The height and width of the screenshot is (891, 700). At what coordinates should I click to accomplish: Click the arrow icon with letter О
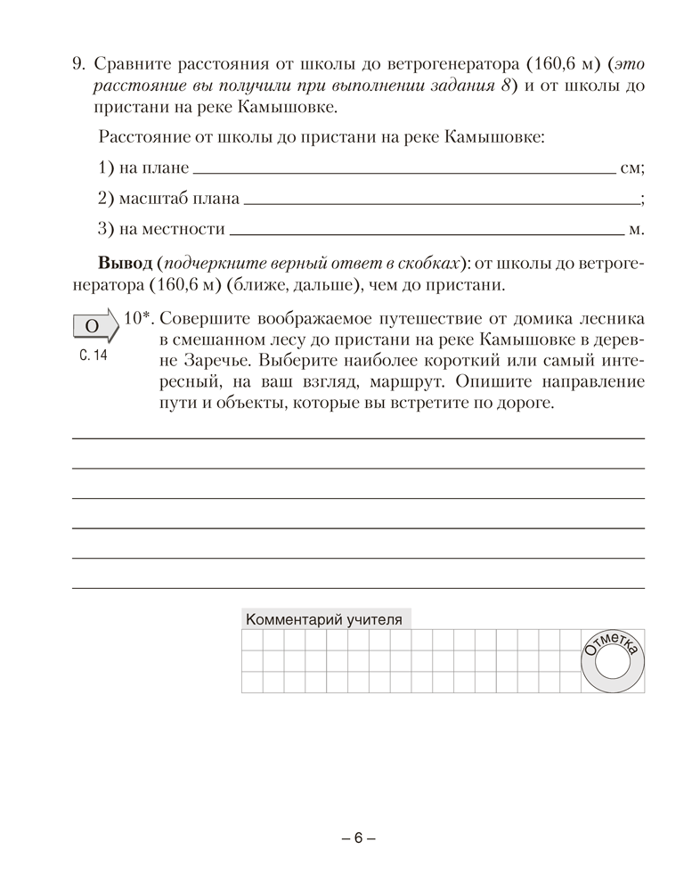click(x=94, y=327)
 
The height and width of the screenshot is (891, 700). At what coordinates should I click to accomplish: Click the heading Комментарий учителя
click(x=323, y=619)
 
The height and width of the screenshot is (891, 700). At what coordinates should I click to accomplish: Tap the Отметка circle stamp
click(x=613, y=660)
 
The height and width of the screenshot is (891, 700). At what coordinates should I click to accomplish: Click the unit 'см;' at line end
click(x=631, y=168)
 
